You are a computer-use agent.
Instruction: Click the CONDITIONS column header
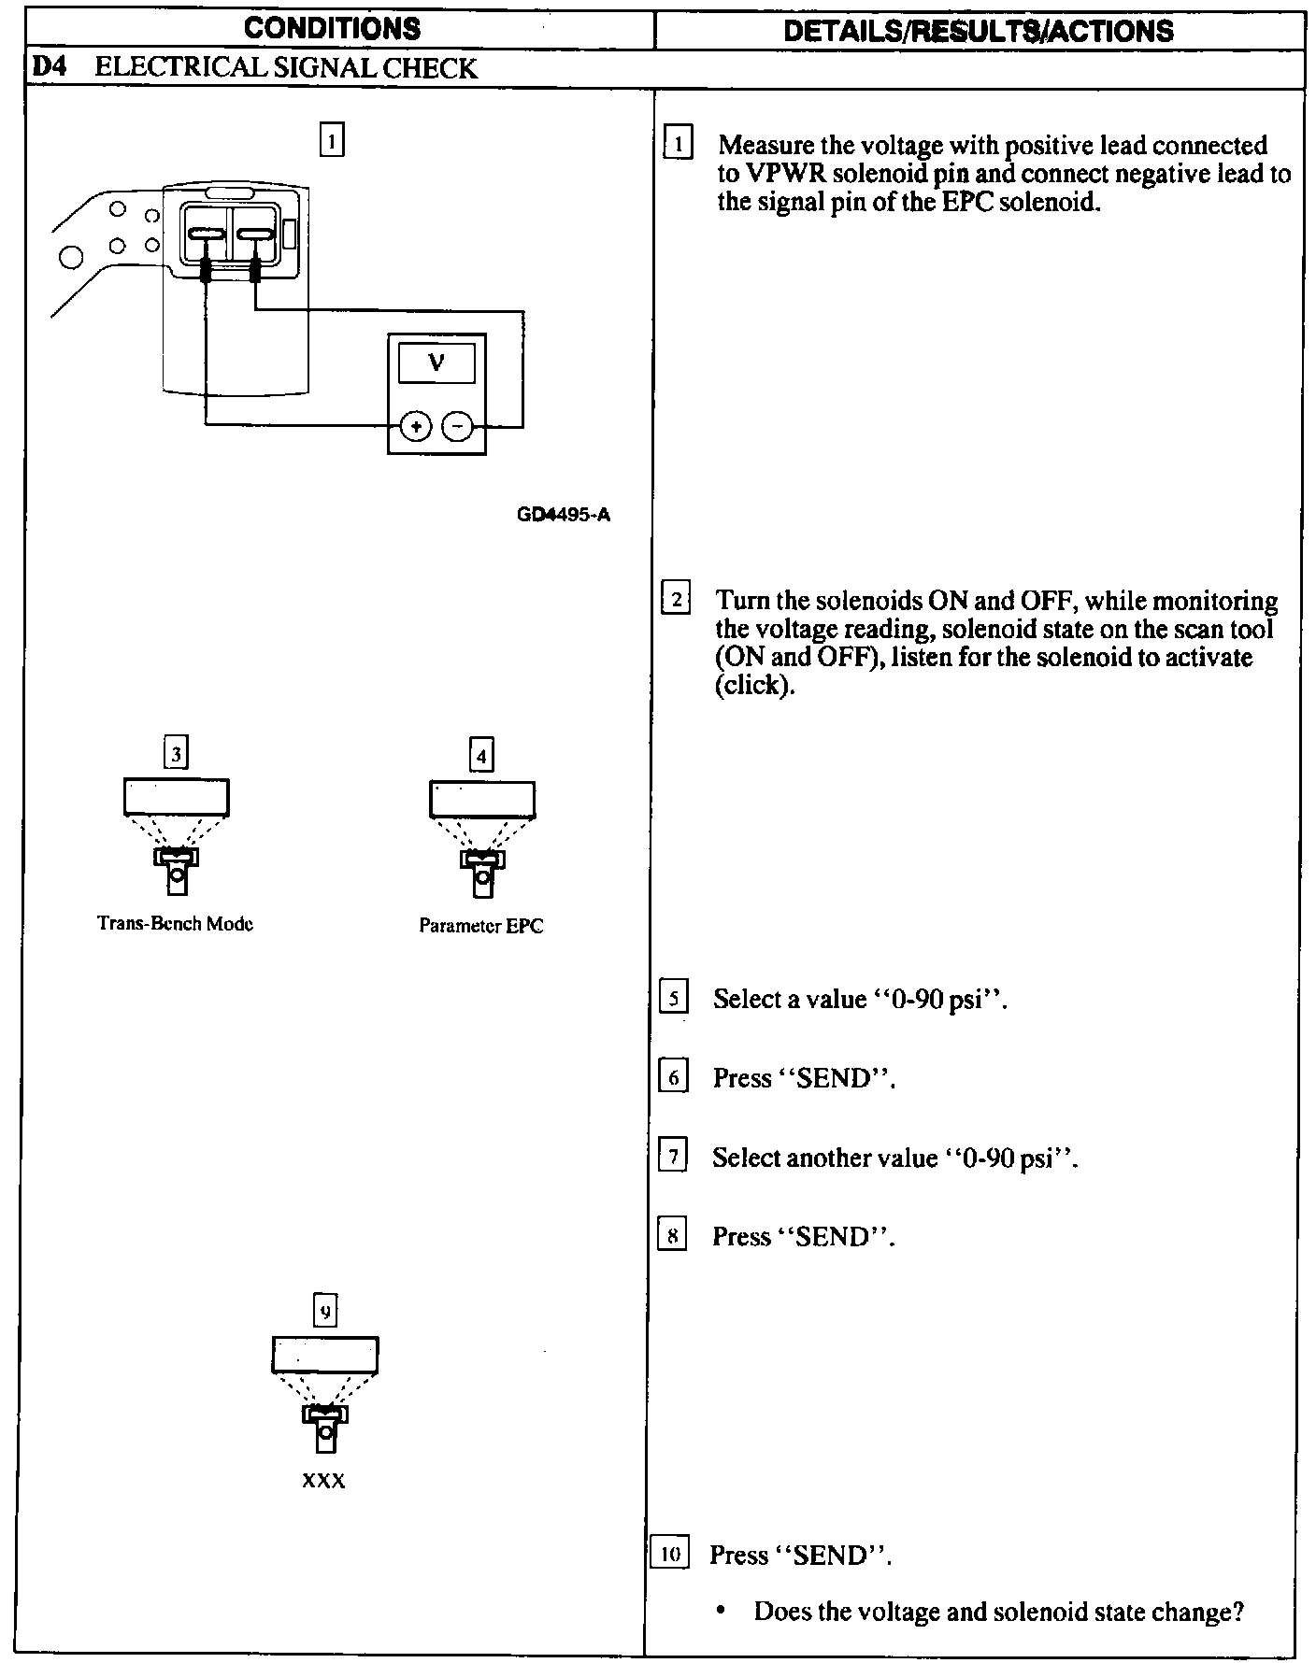point(332,28)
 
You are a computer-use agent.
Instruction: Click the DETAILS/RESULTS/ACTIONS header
point(978,30)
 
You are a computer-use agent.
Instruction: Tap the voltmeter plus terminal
point(415,427)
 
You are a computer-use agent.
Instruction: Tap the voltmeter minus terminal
point(457,427)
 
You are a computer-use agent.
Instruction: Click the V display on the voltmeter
point(436,362)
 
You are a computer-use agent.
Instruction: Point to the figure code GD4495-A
point(563,515)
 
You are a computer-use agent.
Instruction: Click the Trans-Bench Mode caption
point(175,924)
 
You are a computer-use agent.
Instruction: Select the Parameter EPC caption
point(480,926)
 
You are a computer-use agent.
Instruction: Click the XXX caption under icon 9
point(323,1482)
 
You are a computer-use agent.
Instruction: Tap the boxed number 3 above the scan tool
point(176,753)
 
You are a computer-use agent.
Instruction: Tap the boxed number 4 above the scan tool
point(481,755)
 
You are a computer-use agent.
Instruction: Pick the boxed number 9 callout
point(324,1312)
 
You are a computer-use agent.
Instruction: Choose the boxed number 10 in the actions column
point(669,1555)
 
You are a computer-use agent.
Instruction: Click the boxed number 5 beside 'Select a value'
point(673,998)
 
